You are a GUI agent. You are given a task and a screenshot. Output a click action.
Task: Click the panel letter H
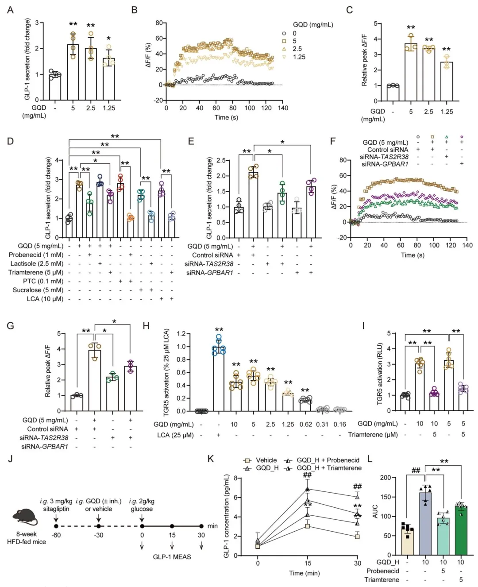pyautogui.click(x=146, y=326)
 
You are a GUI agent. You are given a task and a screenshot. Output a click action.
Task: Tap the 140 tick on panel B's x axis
pyautogui.click(x=283, y=108)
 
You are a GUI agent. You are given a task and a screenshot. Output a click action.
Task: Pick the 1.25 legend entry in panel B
pyautogui.click(x=299, y=57)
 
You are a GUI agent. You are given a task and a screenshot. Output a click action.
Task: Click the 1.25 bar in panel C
pyautogui.click(x=446, y=81)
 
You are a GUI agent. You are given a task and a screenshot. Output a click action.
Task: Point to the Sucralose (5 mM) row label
pyautogui.click(x=38, y=290)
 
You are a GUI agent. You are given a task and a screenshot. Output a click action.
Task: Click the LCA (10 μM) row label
pyautogui.click(x=45, y=299)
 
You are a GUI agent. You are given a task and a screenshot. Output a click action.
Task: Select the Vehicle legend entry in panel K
pyautogui.click(x=266, y=460)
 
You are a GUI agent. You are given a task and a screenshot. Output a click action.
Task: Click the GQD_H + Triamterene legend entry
pyautogui.click(x=329, y=468)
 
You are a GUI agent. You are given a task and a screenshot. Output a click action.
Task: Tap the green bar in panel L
pyautogui.click(x=461, y=530)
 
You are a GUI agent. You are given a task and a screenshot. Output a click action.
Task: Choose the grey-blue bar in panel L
pyautogui.click(x=425, y=524)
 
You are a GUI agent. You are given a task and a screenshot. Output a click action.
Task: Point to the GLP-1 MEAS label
pyautogui.click(x=172, y=557)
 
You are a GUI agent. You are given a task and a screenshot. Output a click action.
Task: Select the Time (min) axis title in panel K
pyautogui.click(x=304, y=573)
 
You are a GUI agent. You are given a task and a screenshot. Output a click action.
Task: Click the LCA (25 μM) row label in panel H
pyautogui.click(x=175, y=435)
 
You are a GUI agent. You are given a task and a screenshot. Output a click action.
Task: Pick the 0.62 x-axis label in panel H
pyautogui.click(x=305, y=425)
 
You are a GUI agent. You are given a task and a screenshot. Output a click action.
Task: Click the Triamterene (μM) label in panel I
pyautogui.click(x=373, y=435)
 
